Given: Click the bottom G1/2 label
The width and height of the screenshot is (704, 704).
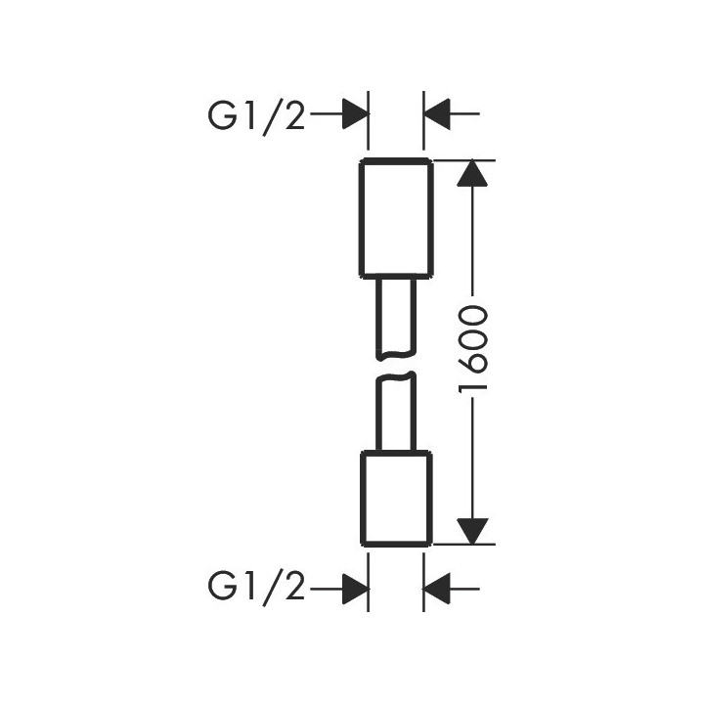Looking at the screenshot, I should point(257,588).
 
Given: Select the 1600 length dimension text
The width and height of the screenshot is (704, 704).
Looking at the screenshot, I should point(472,350).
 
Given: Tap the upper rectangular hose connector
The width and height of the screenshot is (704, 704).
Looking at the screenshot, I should point(396,216).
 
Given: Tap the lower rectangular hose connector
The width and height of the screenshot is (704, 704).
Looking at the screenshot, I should point(396,498).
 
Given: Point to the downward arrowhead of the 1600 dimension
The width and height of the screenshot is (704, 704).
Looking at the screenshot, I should point(472,528).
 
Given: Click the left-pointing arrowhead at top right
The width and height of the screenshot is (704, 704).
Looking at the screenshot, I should point(437,115).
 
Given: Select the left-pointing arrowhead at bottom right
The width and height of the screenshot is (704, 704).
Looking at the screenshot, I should point(437,588).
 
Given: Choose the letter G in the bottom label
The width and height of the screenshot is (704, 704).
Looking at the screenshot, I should point(222,588).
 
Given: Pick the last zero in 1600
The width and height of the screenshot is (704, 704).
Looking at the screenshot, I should point(472,316).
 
